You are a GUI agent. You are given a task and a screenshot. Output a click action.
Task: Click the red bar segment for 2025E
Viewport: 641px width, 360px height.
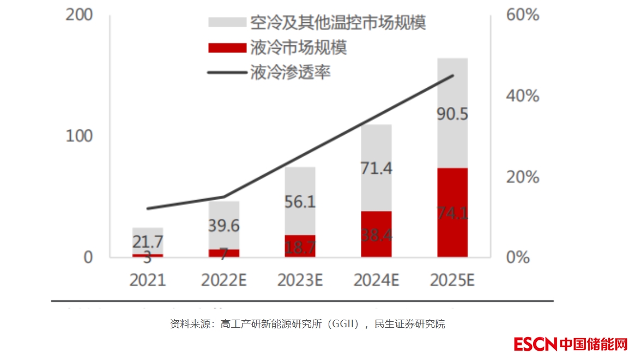(452, 212)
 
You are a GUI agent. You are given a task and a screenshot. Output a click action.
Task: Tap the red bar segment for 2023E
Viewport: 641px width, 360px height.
(300, 246)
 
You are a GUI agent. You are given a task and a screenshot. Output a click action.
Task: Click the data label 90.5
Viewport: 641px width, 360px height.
(452, 115)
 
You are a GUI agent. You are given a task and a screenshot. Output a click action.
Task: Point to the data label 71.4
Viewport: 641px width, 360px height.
(376, 168)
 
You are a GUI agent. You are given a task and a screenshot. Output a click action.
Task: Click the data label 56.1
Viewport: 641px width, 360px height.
(300, 202)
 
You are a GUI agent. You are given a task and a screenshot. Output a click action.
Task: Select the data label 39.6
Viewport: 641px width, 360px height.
(224, 226)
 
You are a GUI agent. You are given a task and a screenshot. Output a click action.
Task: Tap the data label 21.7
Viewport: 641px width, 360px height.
(148, 241)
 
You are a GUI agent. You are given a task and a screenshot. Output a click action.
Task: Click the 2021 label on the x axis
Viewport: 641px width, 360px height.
(147, 280)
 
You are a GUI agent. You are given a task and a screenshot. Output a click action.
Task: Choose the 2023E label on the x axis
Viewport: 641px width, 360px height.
(300, 280)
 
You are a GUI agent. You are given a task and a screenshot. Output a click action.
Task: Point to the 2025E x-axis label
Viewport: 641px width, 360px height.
(452, 280)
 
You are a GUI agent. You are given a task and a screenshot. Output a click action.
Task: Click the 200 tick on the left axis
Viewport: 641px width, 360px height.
(79, 15)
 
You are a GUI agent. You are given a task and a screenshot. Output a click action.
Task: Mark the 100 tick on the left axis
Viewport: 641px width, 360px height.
(79, 136)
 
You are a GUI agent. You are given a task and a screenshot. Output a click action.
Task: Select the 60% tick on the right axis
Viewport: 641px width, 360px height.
(522, 15)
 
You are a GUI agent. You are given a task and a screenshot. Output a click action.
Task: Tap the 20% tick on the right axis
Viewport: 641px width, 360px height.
(522, 177)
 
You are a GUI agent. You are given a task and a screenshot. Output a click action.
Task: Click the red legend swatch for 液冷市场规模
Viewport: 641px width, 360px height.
(227, 48)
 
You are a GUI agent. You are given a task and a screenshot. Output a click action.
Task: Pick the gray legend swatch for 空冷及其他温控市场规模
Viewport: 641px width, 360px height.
(227, 23)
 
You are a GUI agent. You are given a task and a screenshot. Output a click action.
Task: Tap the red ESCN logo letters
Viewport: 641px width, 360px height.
(536, 344)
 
